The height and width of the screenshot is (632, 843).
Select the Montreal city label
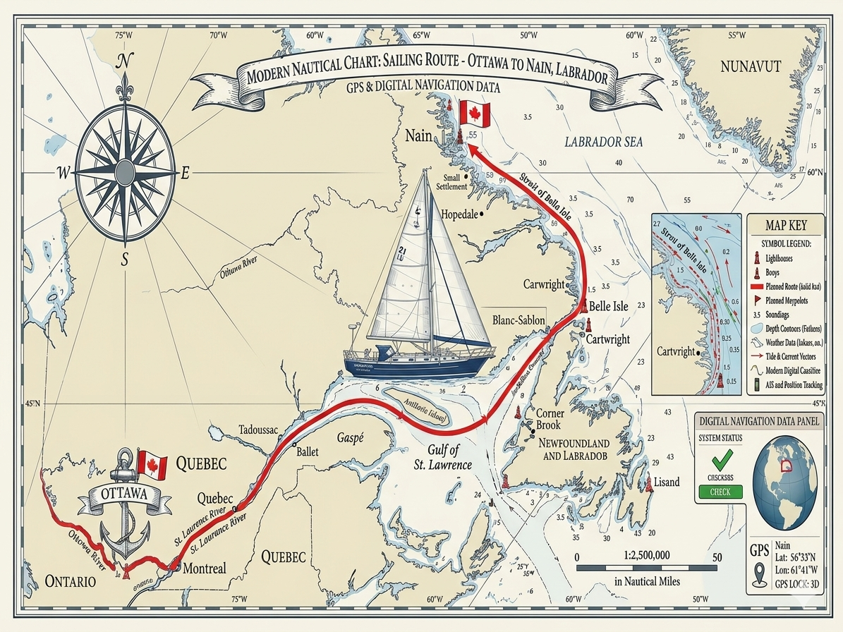click(x=203, y=569)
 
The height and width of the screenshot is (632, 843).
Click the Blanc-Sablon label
click(x=518, y=320)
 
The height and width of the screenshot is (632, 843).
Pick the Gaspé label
click(x=350, y=438)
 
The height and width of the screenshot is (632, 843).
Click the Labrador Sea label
click(x=604, y=142)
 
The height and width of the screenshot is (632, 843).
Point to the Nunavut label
click(x=751, y=67)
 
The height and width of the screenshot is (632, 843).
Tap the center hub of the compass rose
click(x=125, y=171)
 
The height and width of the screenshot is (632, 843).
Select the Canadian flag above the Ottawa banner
click(x=152, y=466)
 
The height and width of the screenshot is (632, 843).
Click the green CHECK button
click(x=720, y=492)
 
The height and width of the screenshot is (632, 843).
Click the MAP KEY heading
click(x=786, y=226)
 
